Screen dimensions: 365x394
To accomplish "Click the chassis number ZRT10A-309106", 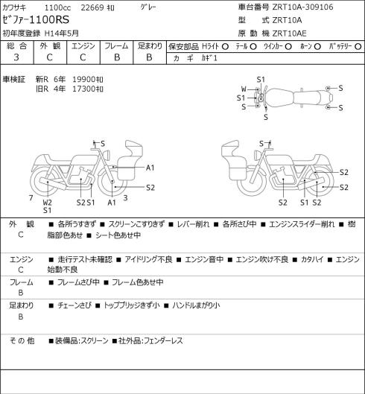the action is click(x=302, y=7).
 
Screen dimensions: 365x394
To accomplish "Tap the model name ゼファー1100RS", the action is click(x=36, y=20).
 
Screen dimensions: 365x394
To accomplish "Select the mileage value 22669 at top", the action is click(x=92, y=7).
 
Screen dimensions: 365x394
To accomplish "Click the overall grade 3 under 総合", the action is click(x=16, y=57).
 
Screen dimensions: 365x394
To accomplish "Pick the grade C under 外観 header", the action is click(x=49, y=57).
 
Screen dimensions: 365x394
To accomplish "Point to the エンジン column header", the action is click(x=83, y=46).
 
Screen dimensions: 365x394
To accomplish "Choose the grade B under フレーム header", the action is click(x=117, y=57).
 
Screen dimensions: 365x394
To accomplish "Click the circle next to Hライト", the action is click(x=225, y=46).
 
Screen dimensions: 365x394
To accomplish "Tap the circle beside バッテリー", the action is click(x=358, y=46).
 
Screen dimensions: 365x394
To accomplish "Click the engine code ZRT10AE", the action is click(x=289, y=34).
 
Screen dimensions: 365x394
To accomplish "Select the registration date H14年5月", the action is click(x=62, y=34).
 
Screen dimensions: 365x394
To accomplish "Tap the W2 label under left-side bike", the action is click(x=47, y=203).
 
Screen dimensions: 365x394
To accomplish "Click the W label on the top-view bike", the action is click(x=244, y=89).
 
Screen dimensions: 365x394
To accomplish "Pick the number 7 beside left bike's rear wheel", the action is click(x=31, y=198).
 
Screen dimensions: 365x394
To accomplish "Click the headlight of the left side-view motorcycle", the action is click(x=107, y=154).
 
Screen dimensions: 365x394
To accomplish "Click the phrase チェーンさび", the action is click(x=74, y=305).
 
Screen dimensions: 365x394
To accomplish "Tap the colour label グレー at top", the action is click(x=148, y=7).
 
